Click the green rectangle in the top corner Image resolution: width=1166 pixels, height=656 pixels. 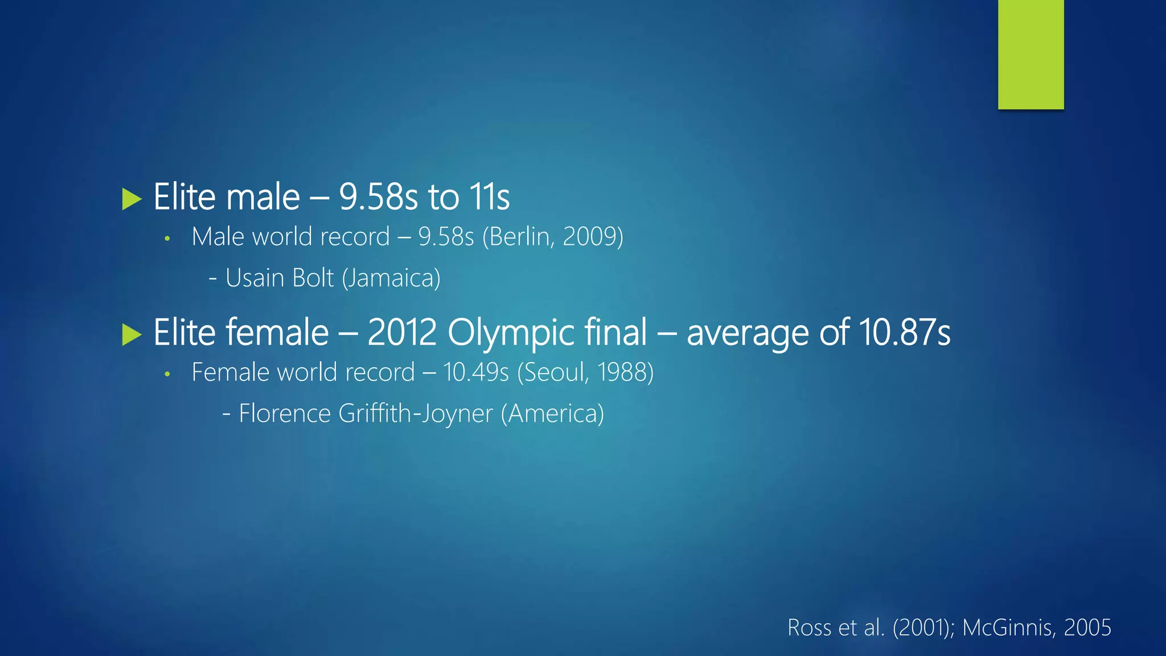pyautogui.click(x=1030, y=54)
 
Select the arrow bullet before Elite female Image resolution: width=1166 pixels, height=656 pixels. pyautogui.click(x=132, y=335)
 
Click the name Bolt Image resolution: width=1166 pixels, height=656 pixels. pyautogui.click(x=313, y=278)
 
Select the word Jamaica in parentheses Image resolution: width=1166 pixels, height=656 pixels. pyautogui.click(x=392, y=278)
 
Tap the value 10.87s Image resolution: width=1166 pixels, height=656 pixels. pyautogui.click(x=904, y=333)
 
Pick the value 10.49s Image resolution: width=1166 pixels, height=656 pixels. pyautogui.click(x=475, y=372)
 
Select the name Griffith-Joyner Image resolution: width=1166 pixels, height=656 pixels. pyautogui.click(x=415, y=414)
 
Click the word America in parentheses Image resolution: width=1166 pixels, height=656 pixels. pyautogui.click(x=552, y=414)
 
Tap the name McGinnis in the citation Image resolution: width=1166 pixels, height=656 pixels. pyautogui.click(x=1007, y=628)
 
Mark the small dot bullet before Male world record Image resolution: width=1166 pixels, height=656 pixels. pyautogui.click(x=167, y=239)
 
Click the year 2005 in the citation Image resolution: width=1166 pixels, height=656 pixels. pyautogui.click(x=1087, y=628)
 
